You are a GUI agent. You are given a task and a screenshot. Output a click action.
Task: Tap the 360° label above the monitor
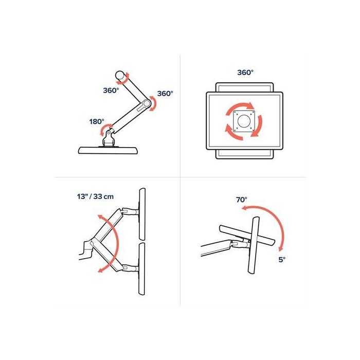245,73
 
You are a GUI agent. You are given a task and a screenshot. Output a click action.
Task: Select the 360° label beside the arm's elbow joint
165,94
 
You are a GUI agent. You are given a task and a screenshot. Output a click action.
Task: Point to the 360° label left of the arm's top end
111,90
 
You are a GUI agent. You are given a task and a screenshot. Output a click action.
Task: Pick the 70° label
241,199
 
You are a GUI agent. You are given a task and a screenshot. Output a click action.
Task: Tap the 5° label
281,260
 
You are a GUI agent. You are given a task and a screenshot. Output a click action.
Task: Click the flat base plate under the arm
109,150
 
